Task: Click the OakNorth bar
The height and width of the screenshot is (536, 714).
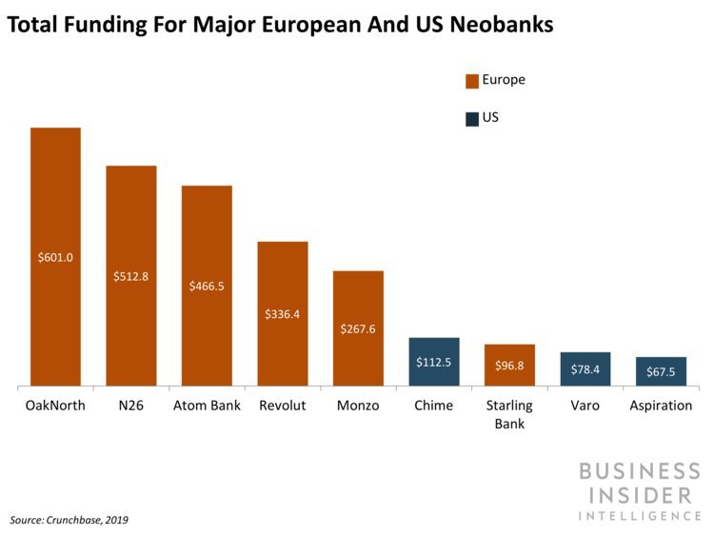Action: click(x=55, y=257)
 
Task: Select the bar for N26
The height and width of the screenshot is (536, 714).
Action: click(x=130, y=276)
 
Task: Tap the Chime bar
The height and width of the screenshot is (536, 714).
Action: click(x=433, y=362)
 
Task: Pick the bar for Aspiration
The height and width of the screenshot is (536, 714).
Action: click(x=661, y=371)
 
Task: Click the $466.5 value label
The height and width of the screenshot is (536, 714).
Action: click(x=207, y=286)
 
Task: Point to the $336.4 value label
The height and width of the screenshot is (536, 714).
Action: click(x=283, y=314)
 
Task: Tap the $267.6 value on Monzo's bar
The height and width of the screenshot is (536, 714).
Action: click(x=358, y=329)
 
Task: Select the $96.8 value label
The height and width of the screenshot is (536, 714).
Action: click(x=509, y=365)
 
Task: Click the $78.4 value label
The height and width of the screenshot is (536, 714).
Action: click(x=585, y=369)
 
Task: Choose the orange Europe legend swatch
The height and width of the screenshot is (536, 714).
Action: click(x=472, y=81)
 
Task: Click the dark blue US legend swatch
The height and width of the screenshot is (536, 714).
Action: click(x=472, y=119)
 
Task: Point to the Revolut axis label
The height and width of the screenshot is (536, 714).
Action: click(x=283, y=406)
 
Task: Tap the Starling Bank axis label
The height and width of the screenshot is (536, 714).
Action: click(x=509, y=414)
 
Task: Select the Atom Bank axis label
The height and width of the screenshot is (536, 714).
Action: click(x=207, y=406)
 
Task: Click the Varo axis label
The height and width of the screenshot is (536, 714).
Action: click(x=585, y=406)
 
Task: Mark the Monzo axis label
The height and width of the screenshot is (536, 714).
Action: click(x=358, y=406)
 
